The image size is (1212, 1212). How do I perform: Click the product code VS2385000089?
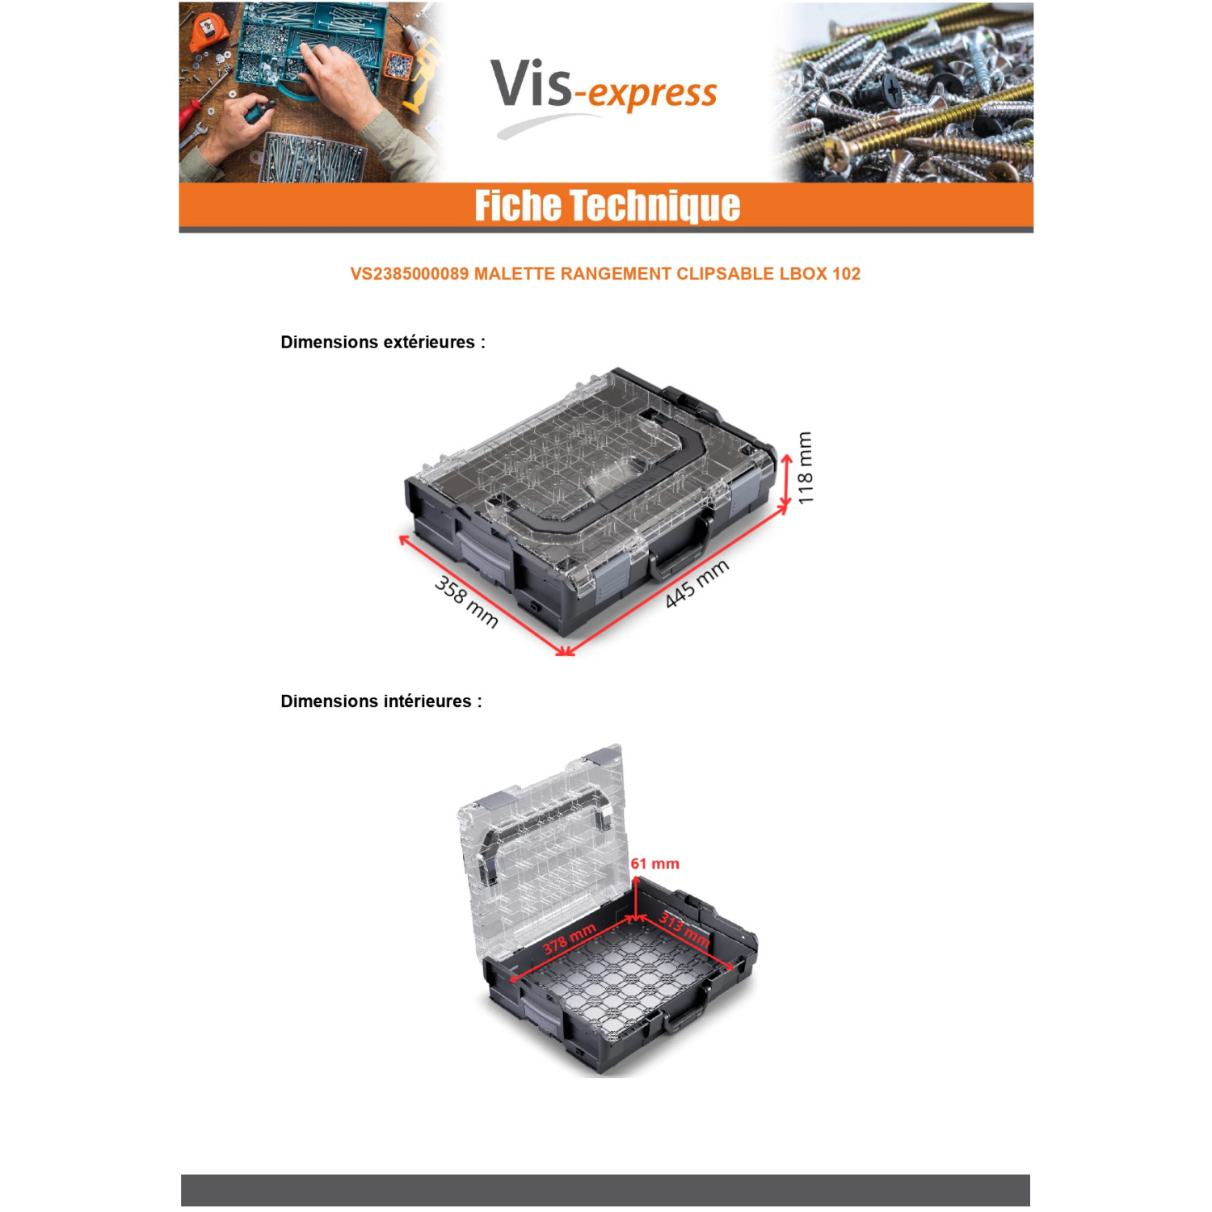point(409,274)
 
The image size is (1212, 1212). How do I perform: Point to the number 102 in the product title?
point(846,274)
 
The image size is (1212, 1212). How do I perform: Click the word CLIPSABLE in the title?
point(726,274)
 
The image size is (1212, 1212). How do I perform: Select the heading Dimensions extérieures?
point(383,342)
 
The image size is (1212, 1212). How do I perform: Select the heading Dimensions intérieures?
point(381,701)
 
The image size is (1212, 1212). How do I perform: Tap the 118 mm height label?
point(805,469)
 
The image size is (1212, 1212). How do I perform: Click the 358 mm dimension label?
point(466,601)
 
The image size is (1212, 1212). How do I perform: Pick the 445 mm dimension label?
point(696,583)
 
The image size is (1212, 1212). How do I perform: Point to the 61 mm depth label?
point(654,864)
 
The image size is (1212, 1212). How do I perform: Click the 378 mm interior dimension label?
point(569,939)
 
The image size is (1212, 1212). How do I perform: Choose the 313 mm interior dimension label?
point(684,929)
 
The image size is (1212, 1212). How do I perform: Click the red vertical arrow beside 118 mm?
point(786,483)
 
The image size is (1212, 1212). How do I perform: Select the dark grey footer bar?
point(605,1190)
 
